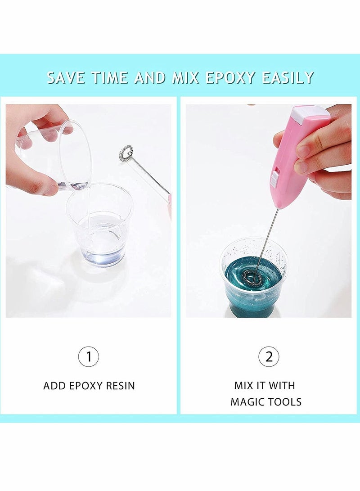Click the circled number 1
pos(89,357)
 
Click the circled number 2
pos(269,357)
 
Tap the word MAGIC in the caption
pos(247,401)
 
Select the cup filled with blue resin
pos(253,279)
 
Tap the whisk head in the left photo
pos(126,153)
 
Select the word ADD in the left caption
pos(54,386)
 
